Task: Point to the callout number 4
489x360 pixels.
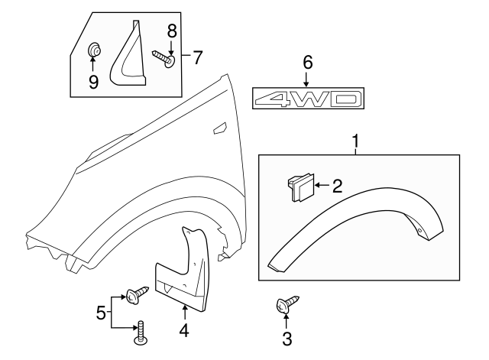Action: point(184,332)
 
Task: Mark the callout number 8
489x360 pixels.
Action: point(172,32)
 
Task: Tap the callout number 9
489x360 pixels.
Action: point(93,81)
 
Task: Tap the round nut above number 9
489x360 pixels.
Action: point(94,51)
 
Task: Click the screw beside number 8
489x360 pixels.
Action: point(164,57)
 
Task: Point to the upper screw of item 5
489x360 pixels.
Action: point(138,294)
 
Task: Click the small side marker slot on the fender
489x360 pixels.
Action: point(219,127)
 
